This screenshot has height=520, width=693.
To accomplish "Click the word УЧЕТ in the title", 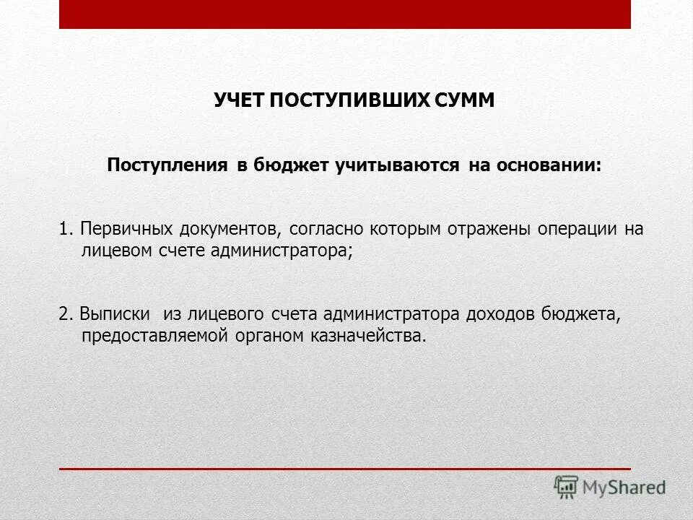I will [239, 100].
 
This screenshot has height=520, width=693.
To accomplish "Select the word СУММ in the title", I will [466, 100].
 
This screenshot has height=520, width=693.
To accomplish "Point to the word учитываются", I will [396, 165].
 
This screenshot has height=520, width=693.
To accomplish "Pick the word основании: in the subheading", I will [547, 165].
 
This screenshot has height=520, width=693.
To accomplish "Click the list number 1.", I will [65, 230].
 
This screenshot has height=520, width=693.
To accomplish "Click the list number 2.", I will [65, 315].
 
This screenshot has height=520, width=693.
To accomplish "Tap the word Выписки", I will [115, 315].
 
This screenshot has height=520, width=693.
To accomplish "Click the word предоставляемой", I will [156, 336].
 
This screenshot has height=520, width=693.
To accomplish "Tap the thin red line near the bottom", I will [345, 469].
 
